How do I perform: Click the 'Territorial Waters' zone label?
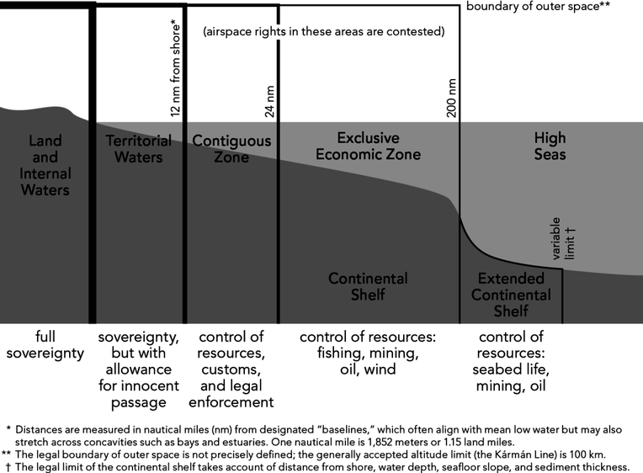[139, 148]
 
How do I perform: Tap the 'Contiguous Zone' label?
[231, 148]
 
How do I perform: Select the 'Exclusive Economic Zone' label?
[368, 146]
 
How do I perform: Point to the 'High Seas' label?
[550, 146]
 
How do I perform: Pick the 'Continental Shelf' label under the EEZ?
[368, 286]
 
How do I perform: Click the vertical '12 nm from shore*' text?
[175, 67]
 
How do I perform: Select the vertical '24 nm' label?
[270, 101]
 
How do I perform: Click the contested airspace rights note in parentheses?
[324, 32]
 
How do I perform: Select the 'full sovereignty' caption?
[45, 345]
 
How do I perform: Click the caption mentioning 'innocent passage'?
[139, 369]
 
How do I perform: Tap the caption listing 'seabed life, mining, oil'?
[511, 369]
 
